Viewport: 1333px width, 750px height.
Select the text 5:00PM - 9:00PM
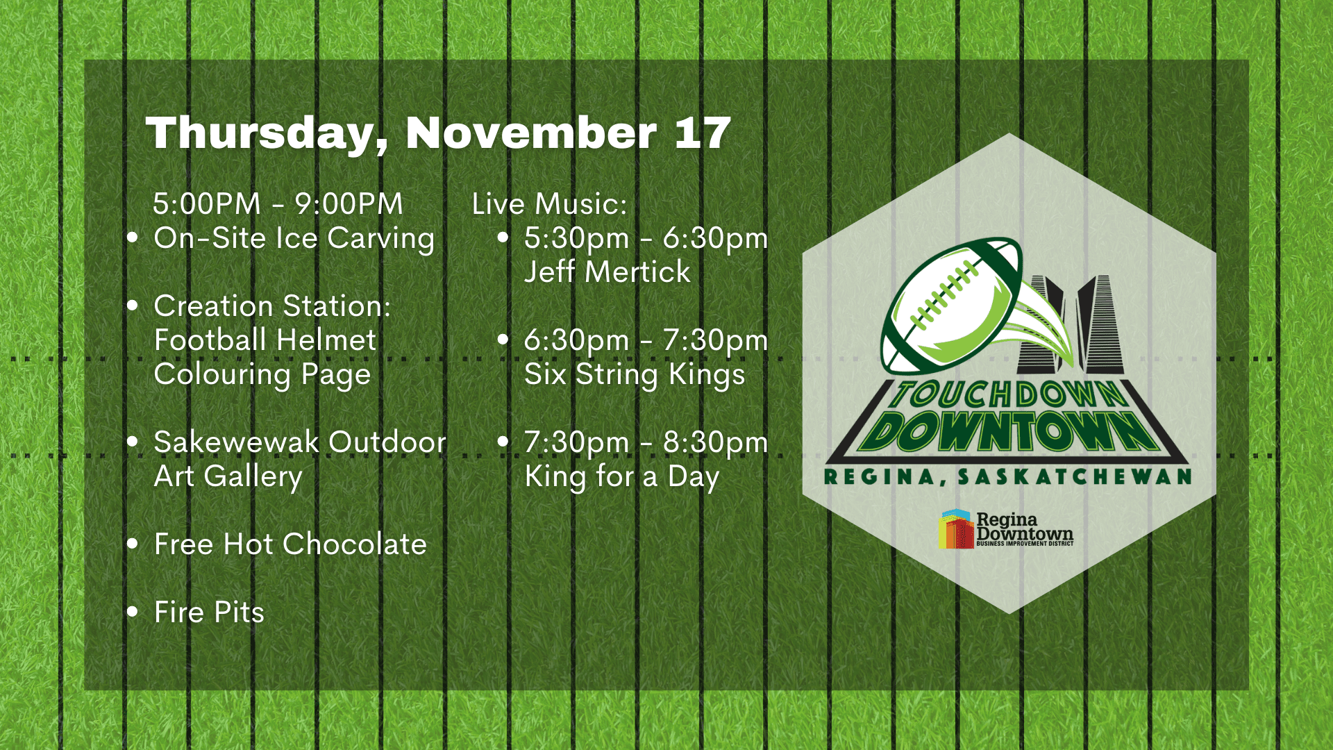[278, 203]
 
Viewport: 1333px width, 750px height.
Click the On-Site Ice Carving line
[294, 238]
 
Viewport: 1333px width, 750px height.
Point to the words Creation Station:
[272, 306]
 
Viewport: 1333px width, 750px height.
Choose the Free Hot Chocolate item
[290, 544]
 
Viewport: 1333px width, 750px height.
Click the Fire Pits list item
[209, 612]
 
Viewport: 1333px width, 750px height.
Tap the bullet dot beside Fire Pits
[133, 612]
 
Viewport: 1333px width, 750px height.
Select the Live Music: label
[549, 203]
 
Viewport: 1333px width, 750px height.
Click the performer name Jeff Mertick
[607, 272]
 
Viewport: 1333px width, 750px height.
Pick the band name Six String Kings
[635, 375]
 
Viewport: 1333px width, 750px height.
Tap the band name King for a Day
[622, 477]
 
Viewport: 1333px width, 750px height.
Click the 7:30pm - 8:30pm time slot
[646, 443]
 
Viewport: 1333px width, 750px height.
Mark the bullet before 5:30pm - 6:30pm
[503, 237]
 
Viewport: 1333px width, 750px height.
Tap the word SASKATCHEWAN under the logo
[1075, 476]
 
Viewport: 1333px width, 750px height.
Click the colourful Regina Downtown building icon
[956, 529]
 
